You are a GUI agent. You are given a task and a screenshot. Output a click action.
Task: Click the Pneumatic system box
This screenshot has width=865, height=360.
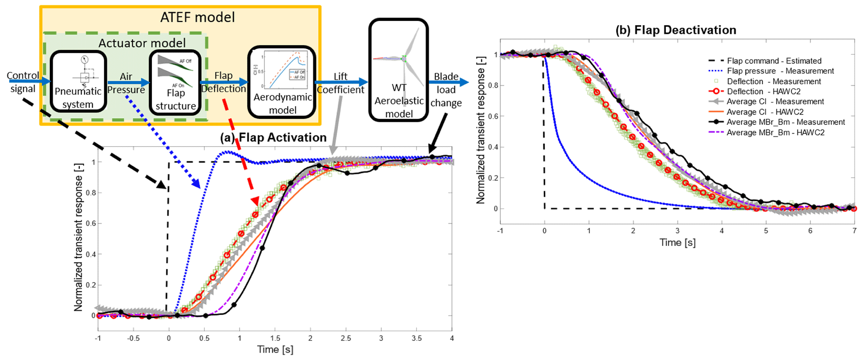point(78,82)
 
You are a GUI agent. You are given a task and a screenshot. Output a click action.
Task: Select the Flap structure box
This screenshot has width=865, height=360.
point(175,82)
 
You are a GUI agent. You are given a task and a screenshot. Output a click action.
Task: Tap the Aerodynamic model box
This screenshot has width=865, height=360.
point(282,82)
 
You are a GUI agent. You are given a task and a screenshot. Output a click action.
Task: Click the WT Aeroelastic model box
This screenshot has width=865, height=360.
point(398,70)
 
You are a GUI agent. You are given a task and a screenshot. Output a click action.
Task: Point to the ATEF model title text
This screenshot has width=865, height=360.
point(198,17)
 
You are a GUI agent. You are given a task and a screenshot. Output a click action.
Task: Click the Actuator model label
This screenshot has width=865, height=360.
point(142,43)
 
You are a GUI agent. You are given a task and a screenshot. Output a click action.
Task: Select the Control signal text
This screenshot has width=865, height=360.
point(23,82)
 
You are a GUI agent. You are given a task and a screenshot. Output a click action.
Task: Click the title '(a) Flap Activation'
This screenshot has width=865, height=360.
point(273,138)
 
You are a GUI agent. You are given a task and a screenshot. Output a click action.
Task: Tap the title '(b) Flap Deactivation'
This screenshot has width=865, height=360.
point(676,30)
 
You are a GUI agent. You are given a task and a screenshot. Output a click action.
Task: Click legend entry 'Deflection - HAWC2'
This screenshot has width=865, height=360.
point(763,92)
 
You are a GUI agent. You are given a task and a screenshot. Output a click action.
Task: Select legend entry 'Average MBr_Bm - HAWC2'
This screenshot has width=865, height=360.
point(775,133)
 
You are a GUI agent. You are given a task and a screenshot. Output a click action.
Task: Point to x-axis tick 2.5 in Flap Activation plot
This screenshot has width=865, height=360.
point(346,338)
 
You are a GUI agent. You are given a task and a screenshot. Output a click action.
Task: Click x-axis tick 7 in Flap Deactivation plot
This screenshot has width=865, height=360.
point(854,231)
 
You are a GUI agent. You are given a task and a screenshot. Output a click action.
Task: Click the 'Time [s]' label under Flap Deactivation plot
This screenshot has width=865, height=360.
point(678,243)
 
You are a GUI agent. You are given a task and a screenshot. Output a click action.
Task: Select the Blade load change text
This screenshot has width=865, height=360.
point(446,90)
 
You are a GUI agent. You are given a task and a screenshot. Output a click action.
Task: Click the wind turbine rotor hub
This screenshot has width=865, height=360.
point(404,59)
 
